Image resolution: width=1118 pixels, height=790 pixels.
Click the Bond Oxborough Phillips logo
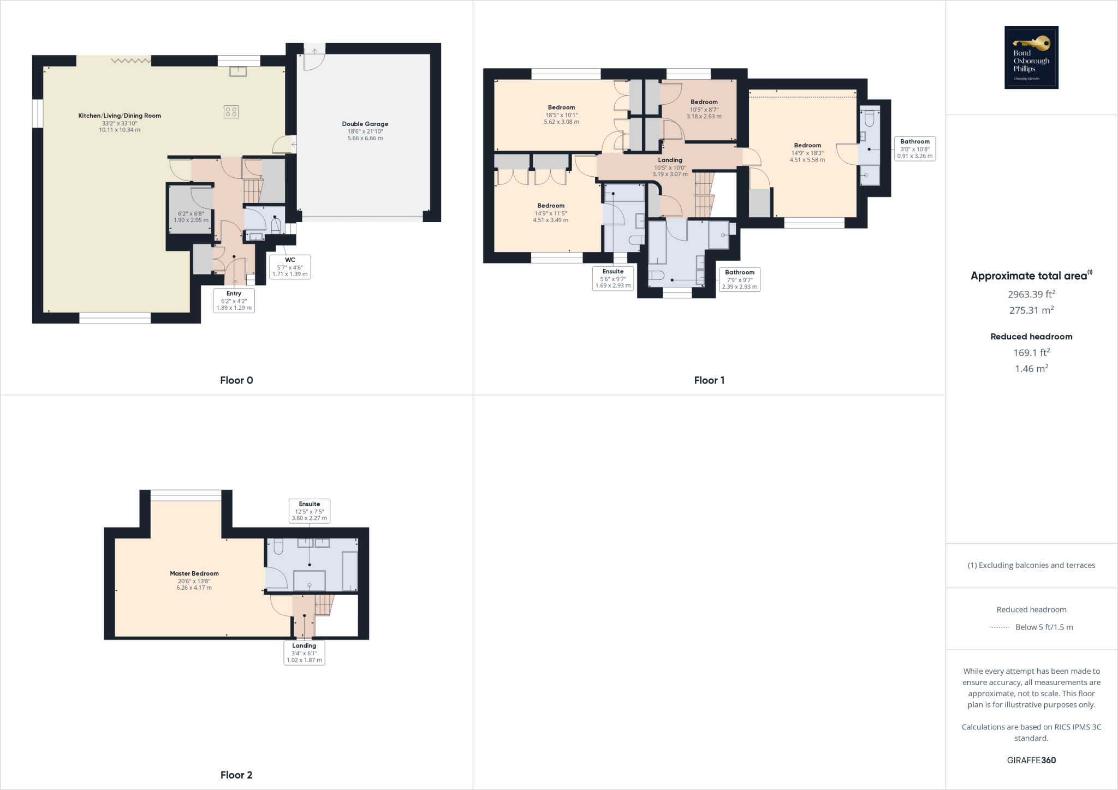coord(1031,57)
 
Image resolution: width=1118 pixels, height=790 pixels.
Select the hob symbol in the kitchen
coord(231,112)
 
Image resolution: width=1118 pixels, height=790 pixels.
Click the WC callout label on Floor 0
coord(290,267)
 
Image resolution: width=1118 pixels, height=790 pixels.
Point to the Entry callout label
coord(234,300)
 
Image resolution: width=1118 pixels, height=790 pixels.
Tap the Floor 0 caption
coord(236,380)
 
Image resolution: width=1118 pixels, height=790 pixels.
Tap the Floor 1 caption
coord(709,380)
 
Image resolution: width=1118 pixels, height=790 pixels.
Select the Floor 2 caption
coord(236,775)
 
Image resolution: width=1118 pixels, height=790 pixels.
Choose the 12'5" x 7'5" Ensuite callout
coord(310,511)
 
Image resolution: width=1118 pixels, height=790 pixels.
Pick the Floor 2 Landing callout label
coord(304,653)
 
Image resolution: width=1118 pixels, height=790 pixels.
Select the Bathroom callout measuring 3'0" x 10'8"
coord(914,148)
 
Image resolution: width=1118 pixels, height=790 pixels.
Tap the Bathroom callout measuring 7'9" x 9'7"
coord(739,279)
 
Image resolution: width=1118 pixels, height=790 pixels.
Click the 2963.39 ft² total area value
coord(1031,294)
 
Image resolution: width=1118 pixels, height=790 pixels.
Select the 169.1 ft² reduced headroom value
coord(1031,352)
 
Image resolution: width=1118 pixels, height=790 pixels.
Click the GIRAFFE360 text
coord(1031,760)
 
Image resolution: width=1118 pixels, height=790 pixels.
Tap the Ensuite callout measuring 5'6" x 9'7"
coord(613,278)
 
